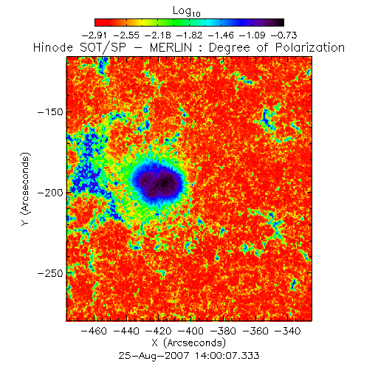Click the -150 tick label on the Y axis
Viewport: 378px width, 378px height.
coord(50,112)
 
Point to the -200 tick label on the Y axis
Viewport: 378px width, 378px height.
coord(50,193)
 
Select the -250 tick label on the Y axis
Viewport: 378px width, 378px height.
coord(50,273)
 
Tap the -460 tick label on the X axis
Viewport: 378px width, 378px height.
coord(94,331)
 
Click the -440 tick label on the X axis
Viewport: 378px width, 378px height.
coord(126,331)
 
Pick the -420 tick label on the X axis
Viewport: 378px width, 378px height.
coord(159,331)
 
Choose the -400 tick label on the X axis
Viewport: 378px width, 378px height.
coord(191,331)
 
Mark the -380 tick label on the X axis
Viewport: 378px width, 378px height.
coord(223,331)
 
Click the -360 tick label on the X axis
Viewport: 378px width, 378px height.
coord(255,331)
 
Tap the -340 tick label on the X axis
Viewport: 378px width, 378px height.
coord(288,331)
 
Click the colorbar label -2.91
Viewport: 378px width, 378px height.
coord(94,35)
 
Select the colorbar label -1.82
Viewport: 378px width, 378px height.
coord(190,35)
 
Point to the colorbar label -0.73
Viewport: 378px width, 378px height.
coord(284,35)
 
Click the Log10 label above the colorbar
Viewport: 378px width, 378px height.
coord(187,11)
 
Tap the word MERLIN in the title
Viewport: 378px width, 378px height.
coord(171,47)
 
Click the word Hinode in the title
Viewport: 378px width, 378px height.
coord(53,47)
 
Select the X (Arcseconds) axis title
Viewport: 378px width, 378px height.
coord(189,343)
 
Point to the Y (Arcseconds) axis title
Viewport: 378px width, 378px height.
coord(25,189)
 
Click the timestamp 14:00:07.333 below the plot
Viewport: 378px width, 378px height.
coord(227,356)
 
